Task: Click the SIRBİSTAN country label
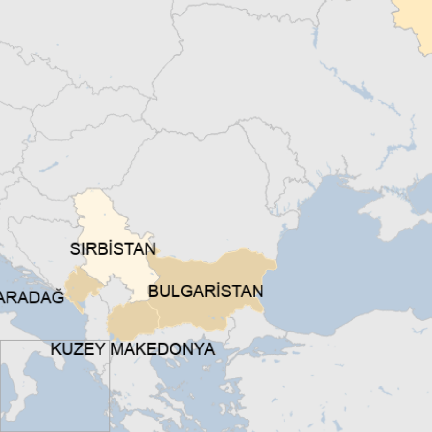[x=113, y=249]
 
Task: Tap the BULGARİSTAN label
[x=205, y=291]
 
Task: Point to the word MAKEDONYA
[x=163, y=349]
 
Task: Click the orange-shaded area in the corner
[x=413, y=19]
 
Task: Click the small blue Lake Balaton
[x=49, y=167]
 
